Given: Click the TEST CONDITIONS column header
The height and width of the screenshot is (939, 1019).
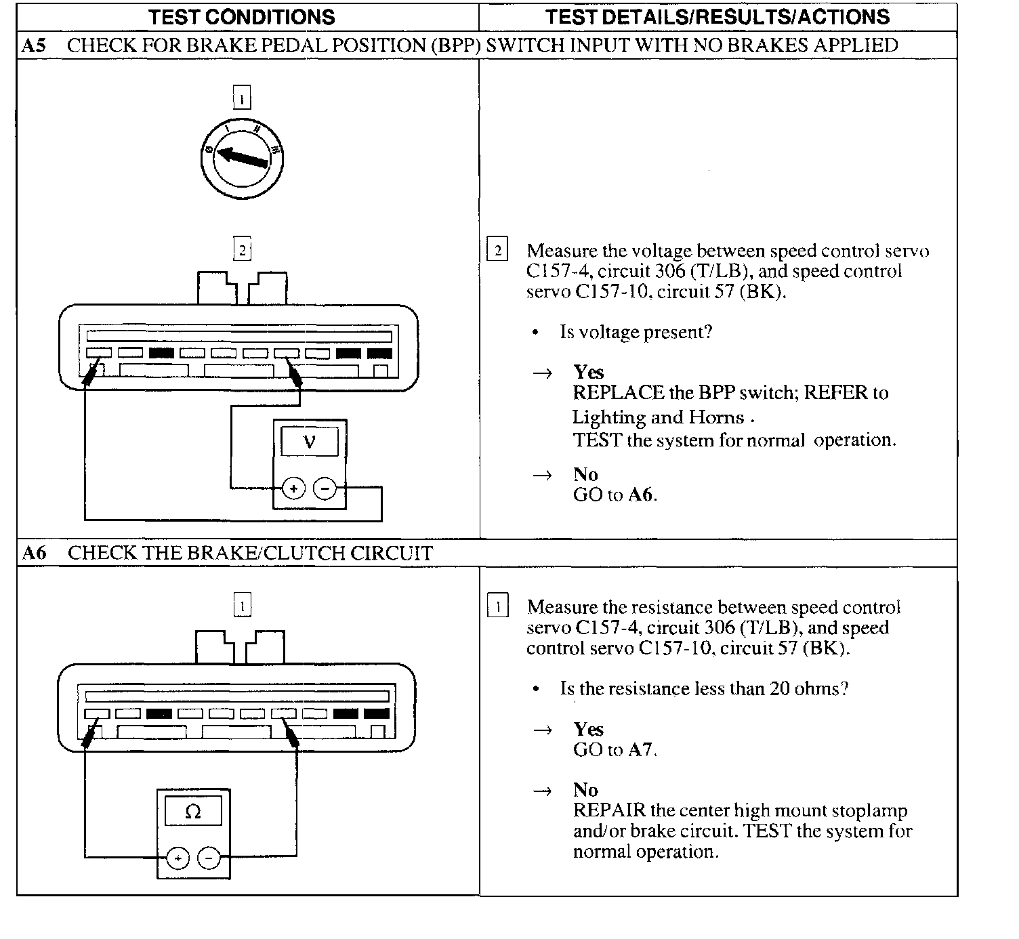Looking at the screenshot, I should pos(241,18).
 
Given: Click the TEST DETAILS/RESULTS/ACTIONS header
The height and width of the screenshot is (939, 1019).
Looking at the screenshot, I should pos(718,18).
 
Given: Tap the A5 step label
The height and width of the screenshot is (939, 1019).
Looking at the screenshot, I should pos(34,46).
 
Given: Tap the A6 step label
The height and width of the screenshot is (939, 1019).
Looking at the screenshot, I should pos(34,554).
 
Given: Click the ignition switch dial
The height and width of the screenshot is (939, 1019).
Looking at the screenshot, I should pos(242,159).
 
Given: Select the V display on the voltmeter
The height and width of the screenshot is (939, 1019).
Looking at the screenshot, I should pos(310,442).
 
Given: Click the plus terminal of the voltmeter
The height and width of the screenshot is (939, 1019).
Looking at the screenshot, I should pos(293,488).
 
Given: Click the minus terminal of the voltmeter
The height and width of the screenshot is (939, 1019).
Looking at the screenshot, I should pos(326,488).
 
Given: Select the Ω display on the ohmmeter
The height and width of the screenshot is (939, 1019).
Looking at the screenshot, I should pos(193,812).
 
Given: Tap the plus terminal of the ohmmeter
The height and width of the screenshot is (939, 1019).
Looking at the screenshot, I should pos(177,858).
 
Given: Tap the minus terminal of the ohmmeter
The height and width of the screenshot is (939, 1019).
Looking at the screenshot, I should pos(209,858).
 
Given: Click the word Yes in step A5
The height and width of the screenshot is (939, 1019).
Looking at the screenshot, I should pos(588,372).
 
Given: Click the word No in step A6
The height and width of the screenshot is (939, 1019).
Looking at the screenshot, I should pos(585,790).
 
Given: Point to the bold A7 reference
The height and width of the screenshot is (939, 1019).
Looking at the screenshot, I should pos(640,750).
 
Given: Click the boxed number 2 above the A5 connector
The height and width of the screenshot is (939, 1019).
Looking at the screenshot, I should pos(242,250).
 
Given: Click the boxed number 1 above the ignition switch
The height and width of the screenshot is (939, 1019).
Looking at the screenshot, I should pos(242,99).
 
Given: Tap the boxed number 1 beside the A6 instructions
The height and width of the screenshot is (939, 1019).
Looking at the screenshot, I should pos(498,606).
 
